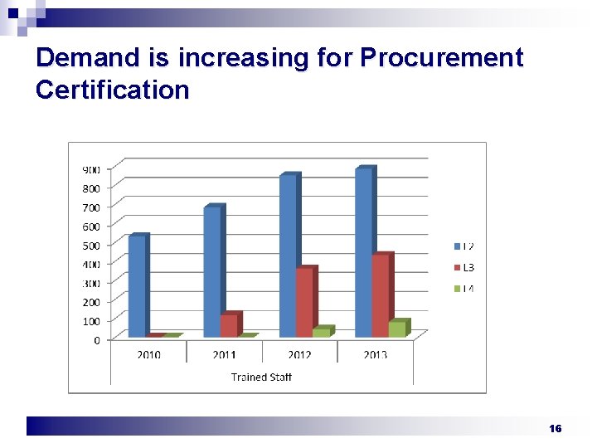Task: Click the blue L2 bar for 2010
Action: (x=137, y=286)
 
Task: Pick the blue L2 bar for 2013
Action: (x=363, y=252)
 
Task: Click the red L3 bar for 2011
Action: (x=229, y=325)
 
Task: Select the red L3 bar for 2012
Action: (x=304, y=302)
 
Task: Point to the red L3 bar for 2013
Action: (x=380, y=295)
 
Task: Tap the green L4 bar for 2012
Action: (x=321, y=332)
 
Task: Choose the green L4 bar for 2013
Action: (x=397, y=329)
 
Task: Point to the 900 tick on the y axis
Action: (x=90, y=169)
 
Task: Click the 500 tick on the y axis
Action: (x=90, y=246)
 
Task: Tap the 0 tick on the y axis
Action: (x=96, y=340)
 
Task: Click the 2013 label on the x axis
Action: (x=375, y=355)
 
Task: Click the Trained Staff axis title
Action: (x=261, y=377)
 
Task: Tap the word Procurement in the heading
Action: (x=442, y=58)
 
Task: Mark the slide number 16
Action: (x=556, y=428)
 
